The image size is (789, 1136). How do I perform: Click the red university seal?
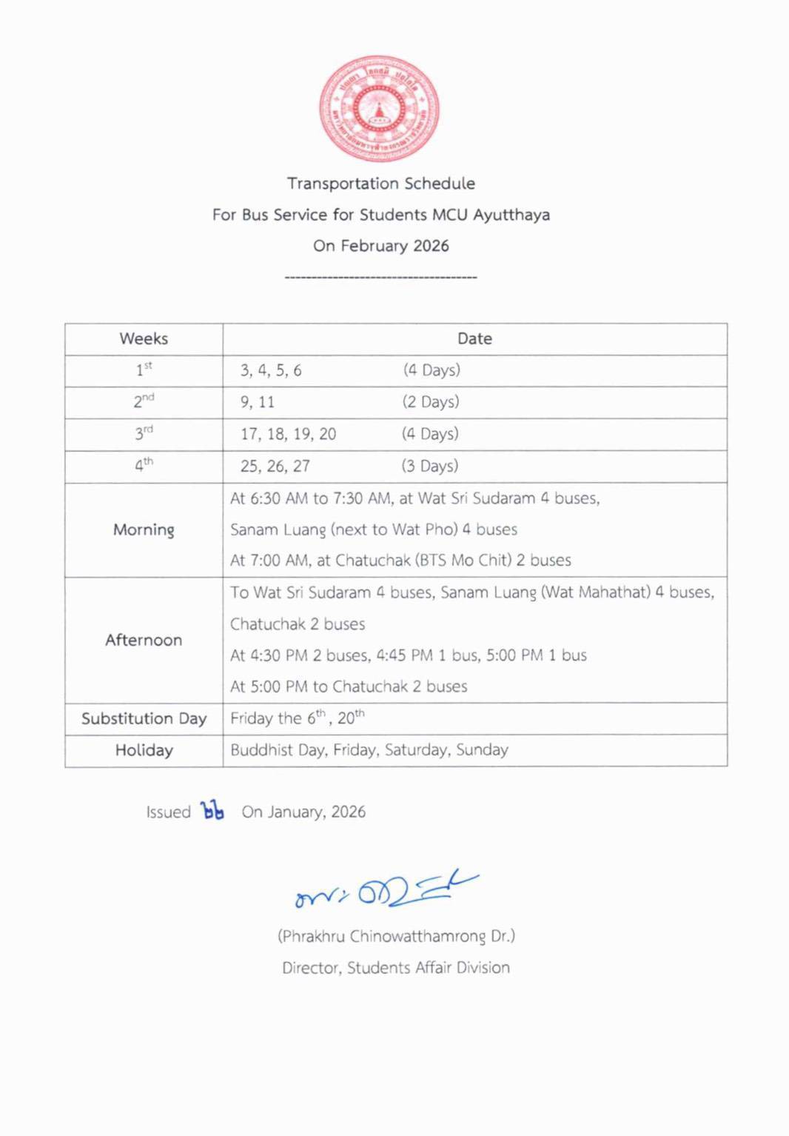[x=379, y=109]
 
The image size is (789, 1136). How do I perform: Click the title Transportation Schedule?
[x=380, y=184]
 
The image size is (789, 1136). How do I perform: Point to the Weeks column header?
[x=144, y=339]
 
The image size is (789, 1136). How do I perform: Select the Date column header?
[x=474, y=339]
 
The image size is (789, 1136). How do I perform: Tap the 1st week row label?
[x=144, y=370]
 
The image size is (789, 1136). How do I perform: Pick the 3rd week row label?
[x=144, y=433]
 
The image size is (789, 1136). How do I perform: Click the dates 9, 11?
[x=258, y=402]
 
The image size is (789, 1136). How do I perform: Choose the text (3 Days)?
[x=429, y=466]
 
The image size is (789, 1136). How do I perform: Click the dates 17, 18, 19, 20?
[x=288, y=434]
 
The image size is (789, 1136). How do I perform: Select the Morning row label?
[x=144, y=529]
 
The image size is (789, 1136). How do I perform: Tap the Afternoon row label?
[x=144, y=640]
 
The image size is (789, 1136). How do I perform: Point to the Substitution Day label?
[x=144, y=718]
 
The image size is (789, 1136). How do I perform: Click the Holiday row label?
[x=144, y=750]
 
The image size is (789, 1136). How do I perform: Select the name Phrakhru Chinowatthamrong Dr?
[x=396, y=936]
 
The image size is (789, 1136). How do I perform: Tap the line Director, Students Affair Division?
[x=396, y=968]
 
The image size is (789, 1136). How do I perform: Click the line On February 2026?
[x=380, y=246]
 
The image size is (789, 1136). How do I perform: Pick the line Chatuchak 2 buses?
[x=298, y=624]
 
